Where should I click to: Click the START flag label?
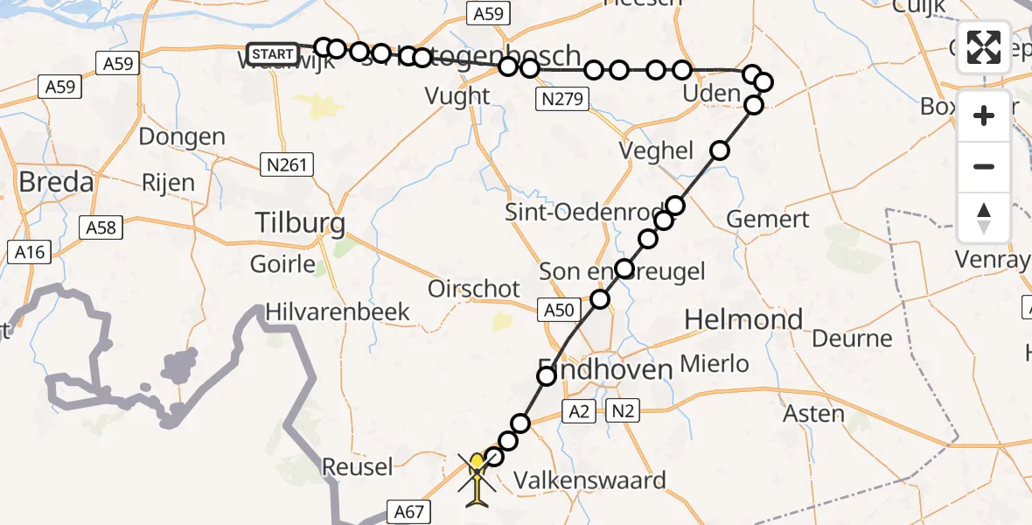click(272, 55)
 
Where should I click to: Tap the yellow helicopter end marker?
click(477, 479)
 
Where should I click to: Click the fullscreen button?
click(984, 47)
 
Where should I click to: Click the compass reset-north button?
click(984, 218)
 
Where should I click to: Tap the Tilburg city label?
click(300, 223)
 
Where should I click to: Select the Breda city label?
click(56, 183)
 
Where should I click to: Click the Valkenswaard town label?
click(589, 479)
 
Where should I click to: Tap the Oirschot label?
click(474, 289)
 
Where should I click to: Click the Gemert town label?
click(769, 219)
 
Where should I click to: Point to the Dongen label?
click(182, 136)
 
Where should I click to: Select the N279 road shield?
click(560, 99)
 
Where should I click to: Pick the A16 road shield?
click(31, 252)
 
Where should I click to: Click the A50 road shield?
click(558, 310)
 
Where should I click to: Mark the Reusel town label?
click(358, 466)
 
